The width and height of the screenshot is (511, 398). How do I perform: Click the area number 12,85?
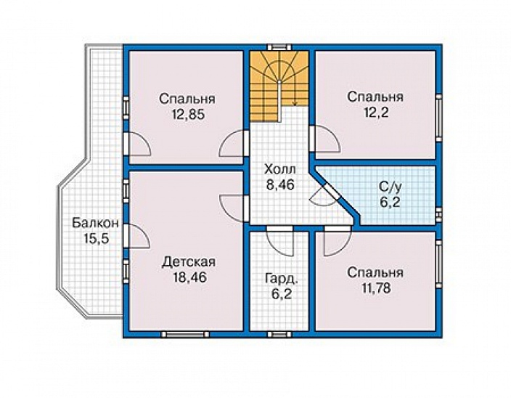(x=187, y=114)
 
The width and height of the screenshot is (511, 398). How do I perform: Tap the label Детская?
(x=189, y=261)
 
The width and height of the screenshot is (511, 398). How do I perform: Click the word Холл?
(x=280, y=169)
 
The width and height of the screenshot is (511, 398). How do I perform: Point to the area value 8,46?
(x=280, y=184)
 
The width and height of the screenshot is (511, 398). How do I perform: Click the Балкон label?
(x=95, y=224)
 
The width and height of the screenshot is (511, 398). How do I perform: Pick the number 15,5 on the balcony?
(x=96, y=239)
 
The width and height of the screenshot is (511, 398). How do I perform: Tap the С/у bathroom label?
(x=390, y=187)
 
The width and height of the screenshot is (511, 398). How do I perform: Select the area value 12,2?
(x=375, y=113)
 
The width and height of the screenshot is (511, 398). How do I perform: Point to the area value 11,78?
(x=375, y=288)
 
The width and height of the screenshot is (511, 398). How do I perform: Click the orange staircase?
(x=279, y=86)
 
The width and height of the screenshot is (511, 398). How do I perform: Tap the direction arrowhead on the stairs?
(x=295, y=104)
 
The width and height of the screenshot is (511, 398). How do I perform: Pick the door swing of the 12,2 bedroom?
(x=325, y=139)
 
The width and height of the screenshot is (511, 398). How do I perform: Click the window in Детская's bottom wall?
(x=185, y=334)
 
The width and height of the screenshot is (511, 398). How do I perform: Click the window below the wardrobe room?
(x=279, y=334)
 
